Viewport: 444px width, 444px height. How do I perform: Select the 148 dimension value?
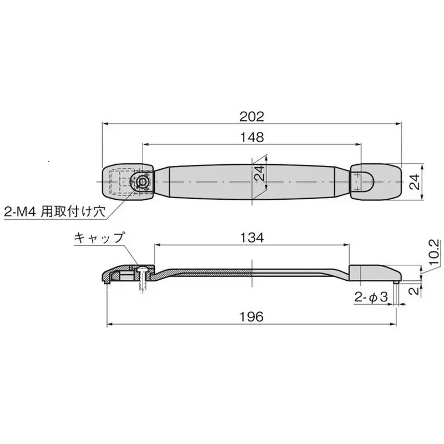click(x=251, y=137)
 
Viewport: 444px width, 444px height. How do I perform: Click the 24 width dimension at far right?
click(x=415, y=182)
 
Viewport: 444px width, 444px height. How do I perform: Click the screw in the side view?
click(x=143, y=277)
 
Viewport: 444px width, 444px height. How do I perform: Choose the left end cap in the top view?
click(x=127, y=182)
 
